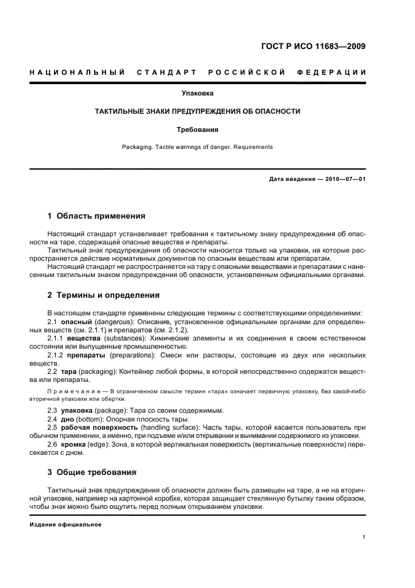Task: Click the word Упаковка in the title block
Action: [198, 93]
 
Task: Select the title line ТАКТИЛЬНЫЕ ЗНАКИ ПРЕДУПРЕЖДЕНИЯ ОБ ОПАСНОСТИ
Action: [197, 111]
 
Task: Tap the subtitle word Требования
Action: [197, 130]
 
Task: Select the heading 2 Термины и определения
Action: [103, 295]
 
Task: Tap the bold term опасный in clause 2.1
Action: [75, 322]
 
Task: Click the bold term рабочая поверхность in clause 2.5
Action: [97, 427]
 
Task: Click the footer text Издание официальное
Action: [65, 525]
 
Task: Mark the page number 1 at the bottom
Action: [364, 537]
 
